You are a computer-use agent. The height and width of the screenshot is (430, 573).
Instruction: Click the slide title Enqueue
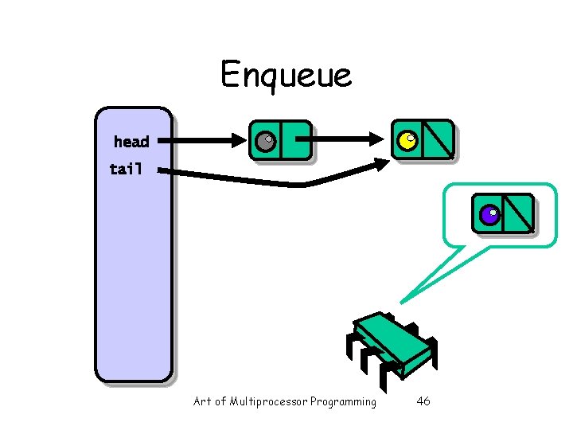click(x=286, y=75)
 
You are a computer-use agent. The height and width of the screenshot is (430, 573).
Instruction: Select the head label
click(x=131, y=142)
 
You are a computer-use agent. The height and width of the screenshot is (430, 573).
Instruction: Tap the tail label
click(x=126, y=169)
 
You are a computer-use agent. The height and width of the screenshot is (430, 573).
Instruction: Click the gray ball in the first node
click(x=265, y=142)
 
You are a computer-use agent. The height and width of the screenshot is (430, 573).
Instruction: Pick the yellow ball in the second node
click(x=407, y=142)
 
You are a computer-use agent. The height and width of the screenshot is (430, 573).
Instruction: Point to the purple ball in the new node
click(x=489, y=214)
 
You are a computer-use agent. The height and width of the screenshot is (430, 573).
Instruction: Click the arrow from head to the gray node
click(x=199, y=142)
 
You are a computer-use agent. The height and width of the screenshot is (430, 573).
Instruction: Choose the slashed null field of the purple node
click(x=518, y=213)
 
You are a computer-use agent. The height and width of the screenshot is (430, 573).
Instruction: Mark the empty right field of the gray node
click(x=295, y=141)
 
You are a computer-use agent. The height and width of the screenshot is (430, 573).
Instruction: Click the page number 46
click(x=423, y=401)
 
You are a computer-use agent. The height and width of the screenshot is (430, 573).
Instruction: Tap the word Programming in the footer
click(x=343, y=402)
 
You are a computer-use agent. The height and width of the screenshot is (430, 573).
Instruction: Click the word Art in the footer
click(x=202, y=401)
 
